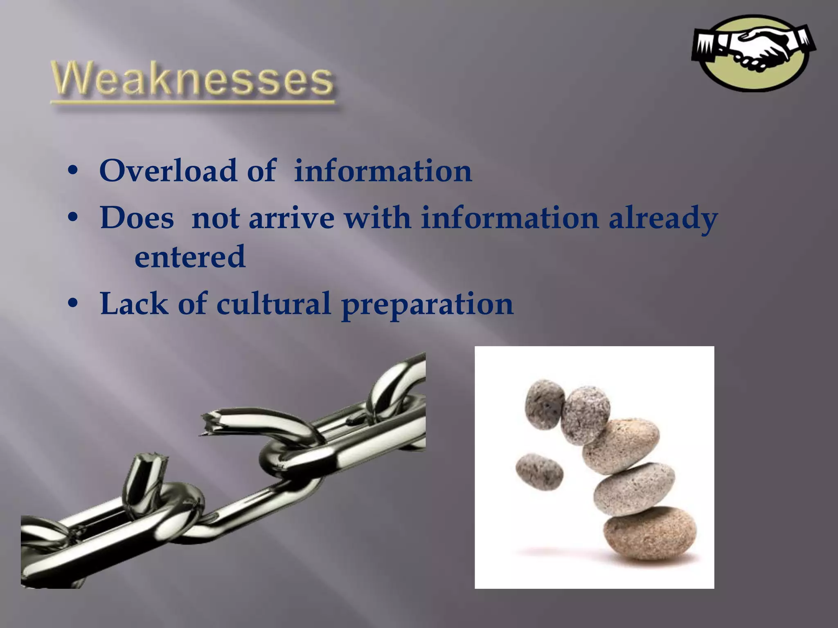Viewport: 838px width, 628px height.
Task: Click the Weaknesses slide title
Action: tap(192, 79)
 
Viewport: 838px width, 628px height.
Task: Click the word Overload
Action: tap(168, 170)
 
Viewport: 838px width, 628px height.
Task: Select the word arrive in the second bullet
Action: tap(291, 218)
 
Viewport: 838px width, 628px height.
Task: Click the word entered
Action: tap(190, 257)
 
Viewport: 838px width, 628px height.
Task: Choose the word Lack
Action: tap(134, 304)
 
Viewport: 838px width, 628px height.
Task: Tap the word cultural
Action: tap(273, 304)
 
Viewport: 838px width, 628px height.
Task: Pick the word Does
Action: tap(137, 218)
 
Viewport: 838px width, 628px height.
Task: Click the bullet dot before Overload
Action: tap(73, 171)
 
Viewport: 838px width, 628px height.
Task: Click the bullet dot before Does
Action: tap(73, 218)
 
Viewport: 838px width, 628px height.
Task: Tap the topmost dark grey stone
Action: tap(544, 404)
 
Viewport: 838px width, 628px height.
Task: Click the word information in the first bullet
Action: tap(383, 170)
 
